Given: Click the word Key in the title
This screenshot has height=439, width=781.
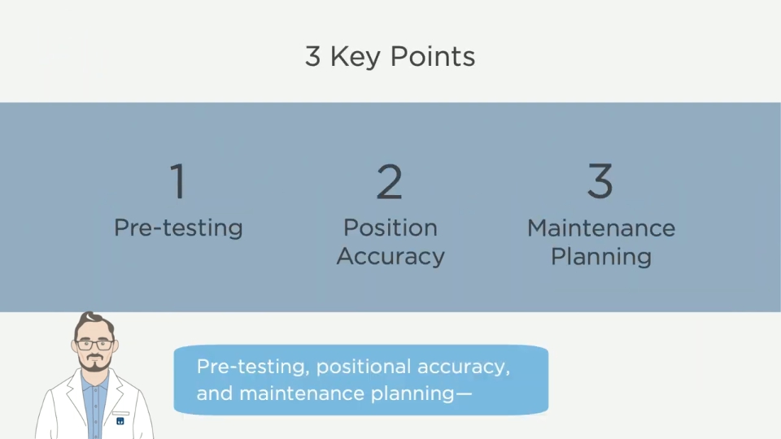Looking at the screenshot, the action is point(356,57).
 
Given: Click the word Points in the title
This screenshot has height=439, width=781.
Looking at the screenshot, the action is point(432,56).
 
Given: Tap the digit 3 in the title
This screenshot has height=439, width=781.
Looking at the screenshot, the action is point(312,56).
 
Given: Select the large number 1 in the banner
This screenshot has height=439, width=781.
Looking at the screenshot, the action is point(178,181).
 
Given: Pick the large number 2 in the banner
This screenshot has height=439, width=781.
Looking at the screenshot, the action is point(389,181).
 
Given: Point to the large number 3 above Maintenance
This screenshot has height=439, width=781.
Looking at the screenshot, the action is point(600,180).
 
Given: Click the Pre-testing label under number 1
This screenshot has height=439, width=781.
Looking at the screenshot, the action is point(178,228).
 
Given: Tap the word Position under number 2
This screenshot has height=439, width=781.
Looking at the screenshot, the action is point(390,228).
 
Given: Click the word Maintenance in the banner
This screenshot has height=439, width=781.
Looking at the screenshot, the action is point(601,228).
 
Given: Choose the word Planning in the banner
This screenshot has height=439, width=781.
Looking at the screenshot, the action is point(601,258).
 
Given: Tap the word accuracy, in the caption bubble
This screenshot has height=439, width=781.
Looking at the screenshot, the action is point(464,367).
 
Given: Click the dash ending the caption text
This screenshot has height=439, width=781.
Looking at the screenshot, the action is point(464,393).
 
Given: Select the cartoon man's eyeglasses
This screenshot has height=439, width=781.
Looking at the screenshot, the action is point(94,345).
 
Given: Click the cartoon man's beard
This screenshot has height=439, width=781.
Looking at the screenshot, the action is point(94,363).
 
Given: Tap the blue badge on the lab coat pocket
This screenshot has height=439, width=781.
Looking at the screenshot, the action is point(120,421).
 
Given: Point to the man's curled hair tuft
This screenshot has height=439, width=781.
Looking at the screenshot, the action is point(90,317).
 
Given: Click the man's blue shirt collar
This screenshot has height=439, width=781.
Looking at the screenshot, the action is point(94,380).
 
